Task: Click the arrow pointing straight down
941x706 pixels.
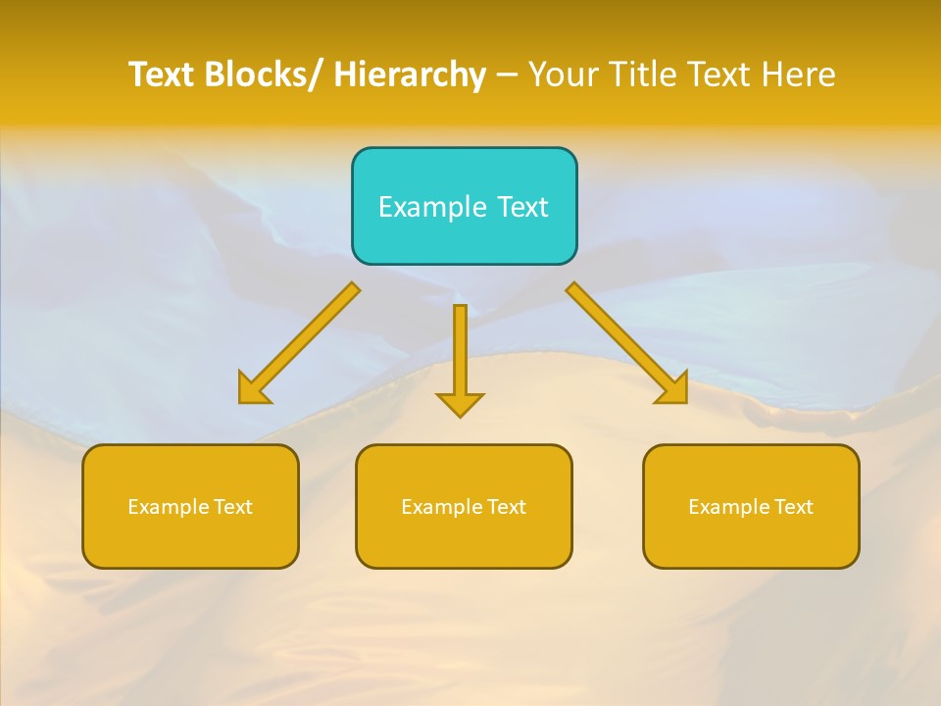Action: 460,353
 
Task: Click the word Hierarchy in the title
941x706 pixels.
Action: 410,76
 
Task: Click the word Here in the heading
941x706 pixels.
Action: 798,76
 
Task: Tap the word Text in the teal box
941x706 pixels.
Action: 521,207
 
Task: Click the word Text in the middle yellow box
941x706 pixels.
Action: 506,507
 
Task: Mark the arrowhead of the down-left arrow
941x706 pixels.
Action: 254,388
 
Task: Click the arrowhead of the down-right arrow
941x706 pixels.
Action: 672,388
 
